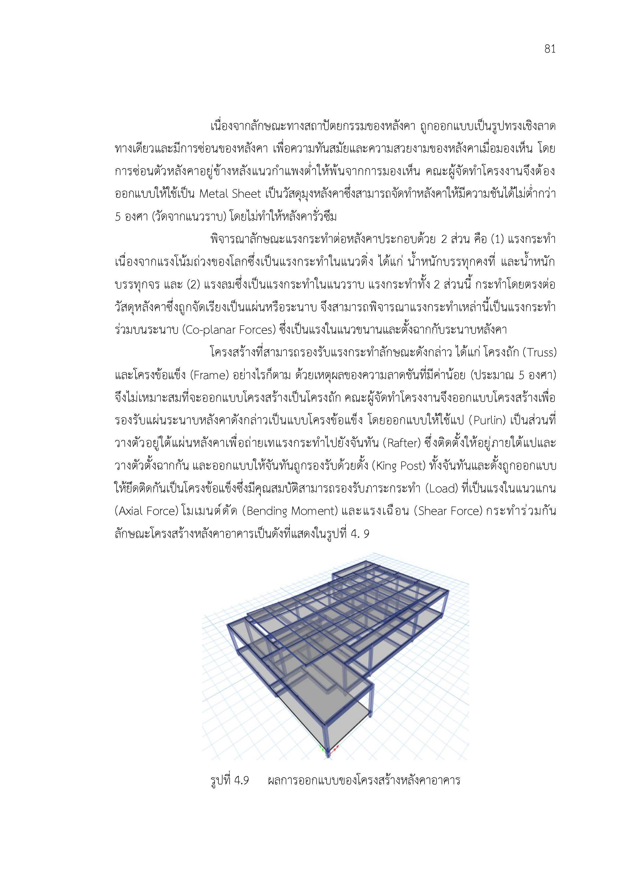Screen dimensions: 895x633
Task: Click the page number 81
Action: (x=550, y=49)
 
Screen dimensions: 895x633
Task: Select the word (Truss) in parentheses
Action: (x=539, y=353)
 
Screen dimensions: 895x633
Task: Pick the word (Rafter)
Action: (x=403, y=444)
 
